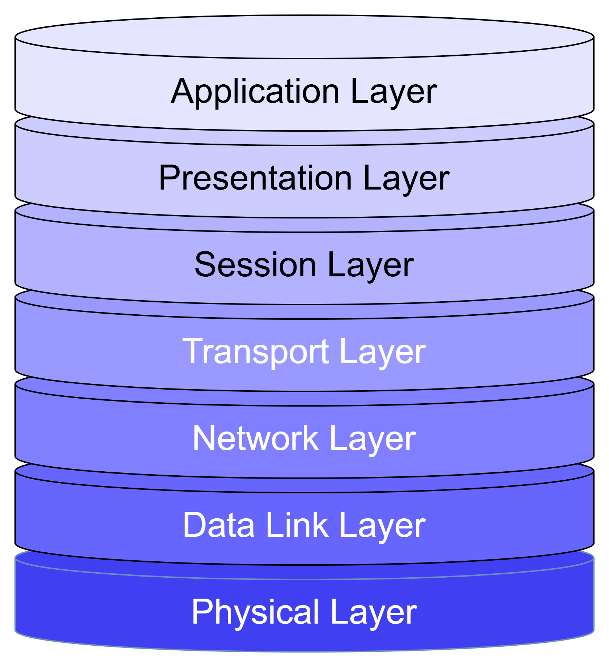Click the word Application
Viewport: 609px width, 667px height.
tap(255, 92)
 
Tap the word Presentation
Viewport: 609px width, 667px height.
tap(255, 178)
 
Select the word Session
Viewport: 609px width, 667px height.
tap(255, 265)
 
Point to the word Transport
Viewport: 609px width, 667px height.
tap(256, 352)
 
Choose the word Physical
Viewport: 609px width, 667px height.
tap(255, 612)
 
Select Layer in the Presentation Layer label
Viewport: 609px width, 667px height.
tap(406, 179)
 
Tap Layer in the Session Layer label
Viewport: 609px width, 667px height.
tap(370, 265)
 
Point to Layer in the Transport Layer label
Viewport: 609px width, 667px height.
tap(383, 352)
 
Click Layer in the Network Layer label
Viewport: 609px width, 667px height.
tap(372, 439)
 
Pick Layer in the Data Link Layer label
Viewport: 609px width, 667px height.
tap(382, 526)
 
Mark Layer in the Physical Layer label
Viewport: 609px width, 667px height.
tap(373, 612)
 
